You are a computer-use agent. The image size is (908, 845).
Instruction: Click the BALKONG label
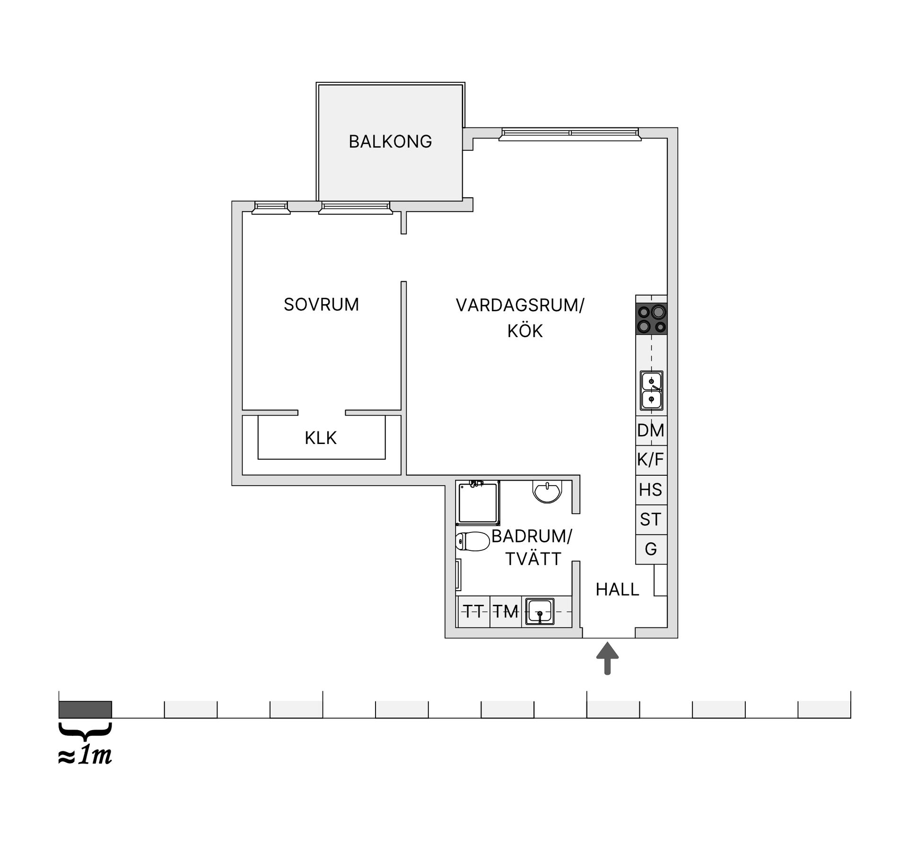point(390,141)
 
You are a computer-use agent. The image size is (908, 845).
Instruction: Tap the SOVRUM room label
point(321,305)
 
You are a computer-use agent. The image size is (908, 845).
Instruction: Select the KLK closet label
point(321,438)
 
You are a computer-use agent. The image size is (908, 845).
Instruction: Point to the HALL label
point(617,590)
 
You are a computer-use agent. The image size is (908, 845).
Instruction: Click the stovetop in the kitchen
point(652,319)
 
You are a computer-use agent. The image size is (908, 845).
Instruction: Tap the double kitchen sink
point(651,391)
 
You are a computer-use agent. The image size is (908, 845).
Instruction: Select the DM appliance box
point(651,431)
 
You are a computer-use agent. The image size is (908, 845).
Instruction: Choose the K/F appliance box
point(651,460)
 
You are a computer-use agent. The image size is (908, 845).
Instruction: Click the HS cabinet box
point(651,490)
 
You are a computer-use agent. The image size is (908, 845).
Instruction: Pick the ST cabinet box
point(651,520)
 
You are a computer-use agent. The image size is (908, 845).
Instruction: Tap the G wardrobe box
point(651,549)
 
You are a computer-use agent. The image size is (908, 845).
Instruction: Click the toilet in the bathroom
point(472,541)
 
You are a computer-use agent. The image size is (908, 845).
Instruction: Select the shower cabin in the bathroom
point(478,503)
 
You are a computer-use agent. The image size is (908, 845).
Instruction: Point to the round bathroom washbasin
point(547,492)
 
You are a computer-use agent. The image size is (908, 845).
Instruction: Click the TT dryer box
point(474,611)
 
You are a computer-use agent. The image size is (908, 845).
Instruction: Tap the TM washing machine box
point(506,611)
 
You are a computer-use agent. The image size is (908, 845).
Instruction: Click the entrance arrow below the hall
point(608,658)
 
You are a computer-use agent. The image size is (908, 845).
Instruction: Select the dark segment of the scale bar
point(85,709)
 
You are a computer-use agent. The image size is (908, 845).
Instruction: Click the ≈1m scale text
point(85,757)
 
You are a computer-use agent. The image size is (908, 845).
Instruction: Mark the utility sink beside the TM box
point(540,612)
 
